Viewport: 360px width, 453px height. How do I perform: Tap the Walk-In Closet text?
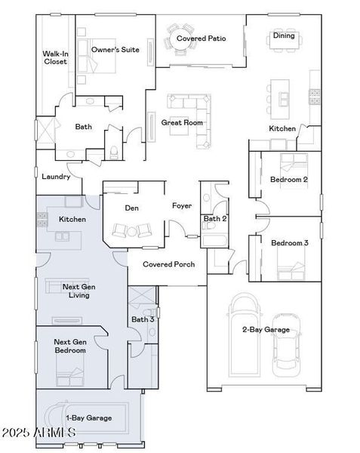(x=55, y=57)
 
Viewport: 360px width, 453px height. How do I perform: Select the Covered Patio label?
(x=197, y=38)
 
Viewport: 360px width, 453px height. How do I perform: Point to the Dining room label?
(x=284, y=35)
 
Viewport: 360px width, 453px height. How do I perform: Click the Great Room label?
(x=183, y=122)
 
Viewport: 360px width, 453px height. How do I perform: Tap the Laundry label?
(x=56, y=177)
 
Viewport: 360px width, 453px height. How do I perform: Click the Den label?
(x=132, y=208)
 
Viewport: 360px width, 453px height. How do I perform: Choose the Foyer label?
(x=182, y=205)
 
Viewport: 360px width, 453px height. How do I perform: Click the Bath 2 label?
(x=215, y=219)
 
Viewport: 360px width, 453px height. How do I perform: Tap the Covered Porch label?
(x=169, y=264)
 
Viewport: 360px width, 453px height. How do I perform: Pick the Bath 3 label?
(x=143, y=319)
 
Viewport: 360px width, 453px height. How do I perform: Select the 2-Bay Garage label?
(x=266, y=329)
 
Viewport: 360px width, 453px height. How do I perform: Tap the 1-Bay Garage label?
(x=89, y=418)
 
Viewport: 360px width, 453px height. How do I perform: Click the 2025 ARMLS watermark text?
(x=38, y=433)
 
